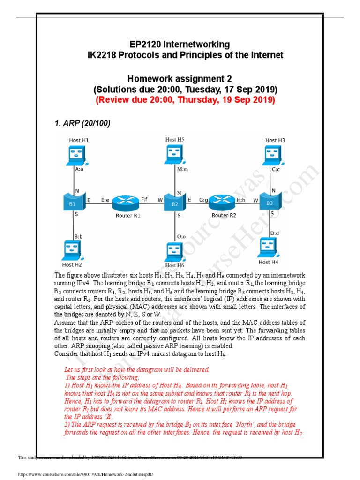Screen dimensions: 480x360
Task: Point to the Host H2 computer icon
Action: (75, 249)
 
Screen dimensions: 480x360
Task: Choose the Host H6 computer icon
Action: (175, 251)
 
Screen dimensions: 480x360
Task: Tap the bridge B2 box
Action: (174, 202)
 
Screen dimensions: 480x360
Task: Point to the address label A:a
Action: (79, 171)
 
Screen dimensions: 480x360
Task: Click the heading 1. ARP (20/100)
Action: (82, 123)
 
